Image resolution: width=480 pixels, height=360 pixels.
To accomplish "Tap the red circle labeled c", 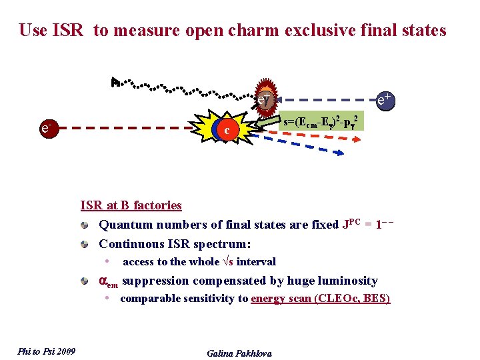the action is [x=227, y=130].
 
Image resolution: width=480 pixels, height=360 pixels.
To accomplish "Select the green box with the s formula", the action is [x=322, y=121].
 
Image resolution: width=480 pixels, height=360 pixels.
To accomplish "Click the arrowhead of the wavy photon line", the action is [x=116, y=82].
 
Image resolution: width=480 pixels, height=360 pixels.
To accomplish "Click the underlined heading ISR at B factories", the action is [x=131, y=205].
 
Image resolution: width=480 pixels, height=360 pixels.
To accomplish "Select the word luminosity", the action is [x=345, y=281].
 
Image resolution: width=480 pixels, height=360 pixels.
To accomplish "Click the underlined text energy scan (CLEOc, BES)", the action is [x=320, y=299].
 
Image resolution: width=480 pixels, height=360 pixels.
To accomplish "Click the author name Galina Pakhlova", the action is [x=239, y=353].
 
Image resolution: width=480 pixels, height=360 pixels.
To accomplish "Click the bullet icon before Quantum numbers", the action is [x=85, y=225].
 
